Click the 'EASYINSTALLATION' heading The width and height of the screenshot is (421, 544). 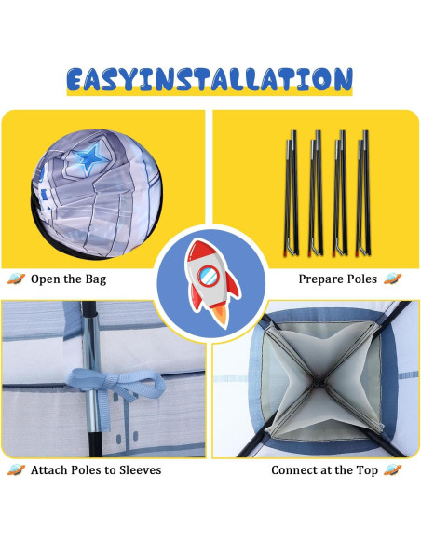(210, 79)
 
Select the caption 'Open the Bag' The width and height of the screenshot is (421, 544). (68, 279)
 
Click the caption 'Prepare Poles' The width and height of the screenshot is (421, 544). (337, 279)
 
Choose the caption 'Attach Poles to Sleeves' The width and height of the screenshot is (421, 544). (95, 470)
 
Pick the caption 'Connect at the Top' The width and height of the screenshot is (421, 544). (324, 470)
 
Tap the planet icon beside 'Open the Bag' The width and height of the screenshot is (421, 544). (15, 279)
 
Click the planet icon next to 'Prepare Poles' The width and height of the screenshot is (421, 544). (392, 279)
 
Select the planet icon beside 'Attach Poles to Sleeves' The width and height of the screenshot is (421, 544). (15, 470)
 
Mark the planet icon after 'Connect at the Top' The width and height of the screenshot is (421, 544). (392, 470)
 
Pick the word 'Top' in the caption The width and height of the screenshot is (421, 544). (365, 470)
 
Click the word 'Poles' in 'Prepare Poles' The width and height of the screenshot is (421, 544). (360, 279)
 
